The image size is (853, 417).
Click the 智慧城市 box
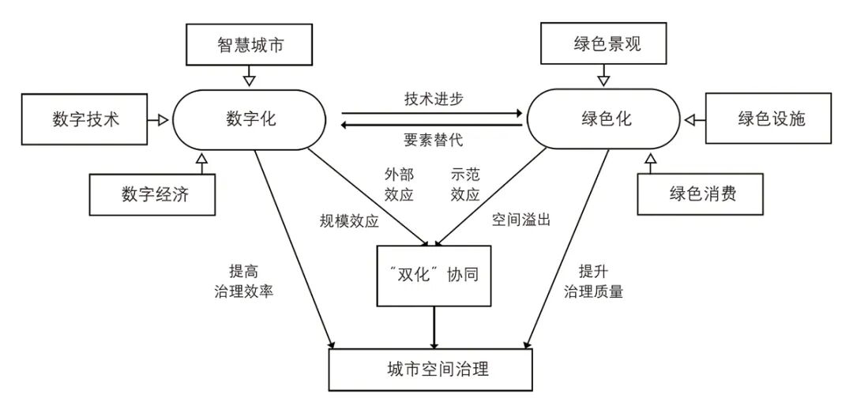250,44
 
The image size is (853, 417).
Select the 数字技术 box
86,119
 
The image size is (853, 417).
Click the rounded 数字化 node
250,119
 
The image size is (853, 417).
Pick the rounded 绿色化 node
603,119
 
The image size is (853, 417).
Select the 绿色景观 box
603,44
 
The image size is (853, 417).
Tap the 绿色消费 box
703,193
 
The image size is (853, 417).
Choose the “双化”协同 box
434,276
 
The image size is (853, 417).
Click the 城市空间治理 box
434,369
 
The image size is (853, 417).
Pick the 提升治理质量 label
592,280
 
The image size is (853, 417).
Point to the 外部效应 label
399,184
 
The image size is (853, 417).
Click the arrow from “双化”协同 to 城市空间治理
434,326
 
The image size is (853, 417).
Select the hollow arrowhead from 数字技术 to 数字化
162,119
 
